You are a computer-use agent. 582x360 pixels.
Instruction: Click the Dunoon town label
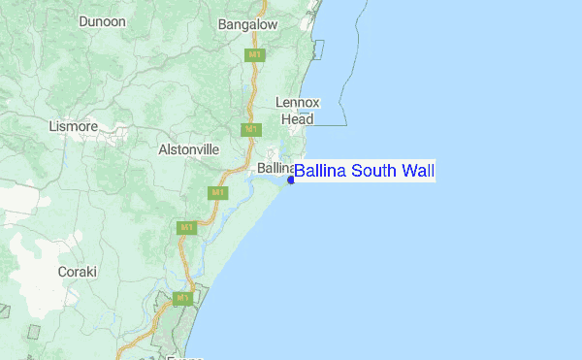[x=103, y=20]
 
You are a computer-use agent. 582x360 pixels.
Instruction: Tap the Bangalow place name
[x=248, y=24]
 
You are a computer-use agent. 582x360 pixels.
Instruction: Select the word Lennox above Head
[x=297, y=102]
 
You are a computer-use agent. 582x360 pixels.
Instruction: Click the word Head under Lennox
[x=297, y=118]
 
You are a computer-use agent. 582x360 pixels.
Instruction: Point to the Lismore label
[x=73, y=126]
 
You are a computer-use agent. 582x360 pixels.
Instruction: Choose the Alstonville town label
[x=189, y=150]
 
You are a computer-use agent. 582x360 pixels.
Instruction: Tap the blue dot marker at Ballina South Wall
[x=291, y=180]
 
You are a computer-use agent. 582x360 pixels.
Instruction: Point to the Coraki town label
[x=78, y=272]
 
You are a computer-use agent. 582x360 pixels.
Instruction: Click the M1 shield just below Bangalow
[x=255, y=55]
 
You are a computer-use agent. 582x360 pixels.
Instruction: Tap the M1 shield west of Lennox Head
[x=250, y=129]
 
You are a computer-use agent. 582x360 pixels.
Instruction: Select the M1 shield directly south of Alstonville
[x=217, y=192]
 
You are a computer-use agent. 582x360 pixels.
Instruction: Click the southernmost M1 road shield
[x=180, y=297]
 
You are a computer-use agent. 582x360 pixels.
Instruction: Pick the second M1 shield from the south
[x=185, y=228]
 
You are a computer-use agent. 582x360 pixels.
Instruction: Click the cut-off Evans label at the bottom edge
[x=184, y=357]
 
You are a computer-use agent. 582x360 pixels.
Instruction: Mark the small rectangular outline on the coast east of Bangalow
[x=318, y=50]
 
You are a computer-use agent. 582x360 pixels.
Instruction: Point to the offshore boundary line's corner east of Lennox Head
[x=346, y=125]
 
